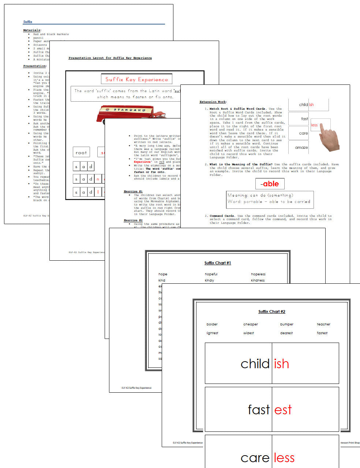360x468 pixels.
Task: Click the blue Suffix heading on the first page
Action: click(x=28, y=22)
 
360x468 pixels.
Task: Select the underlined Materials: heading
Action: click(x=32, y=30)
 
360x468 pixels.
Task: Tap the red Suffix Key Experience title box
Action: click(x=136, y=79)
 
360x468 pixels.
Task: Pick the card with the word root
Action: click(x=81, y=152)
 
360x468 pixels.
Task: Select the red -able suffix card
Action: click(x=270, y=184)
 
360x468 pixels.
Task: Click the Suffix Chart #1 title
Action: click(x=218, y=263)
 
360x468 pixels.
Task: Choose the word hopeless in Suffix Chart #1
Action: click(x=258, y=274)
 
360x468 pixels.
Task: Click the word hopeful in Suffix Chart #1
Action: click(x=211, y=274)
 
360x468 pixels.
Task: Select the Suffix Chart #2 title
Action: click(x=271, y=312)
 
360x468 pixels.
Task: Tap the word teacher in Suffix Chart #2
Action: click(x=323, y=324)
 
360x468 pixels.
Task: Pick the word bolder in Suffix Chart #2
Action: click(x=212, y=324)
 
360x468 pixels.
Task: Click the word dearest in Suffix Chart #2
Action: click(x=286, y=333)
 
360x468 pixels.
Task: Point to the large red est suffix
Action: click(x=283, y=410)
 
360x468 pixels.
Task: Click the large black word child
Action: click(x=255, y=364)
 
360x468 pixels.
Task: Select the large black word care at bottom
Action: click(x=255, y=458)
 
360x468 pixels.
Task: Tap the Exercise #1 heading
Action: click(x=133, y=191)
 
